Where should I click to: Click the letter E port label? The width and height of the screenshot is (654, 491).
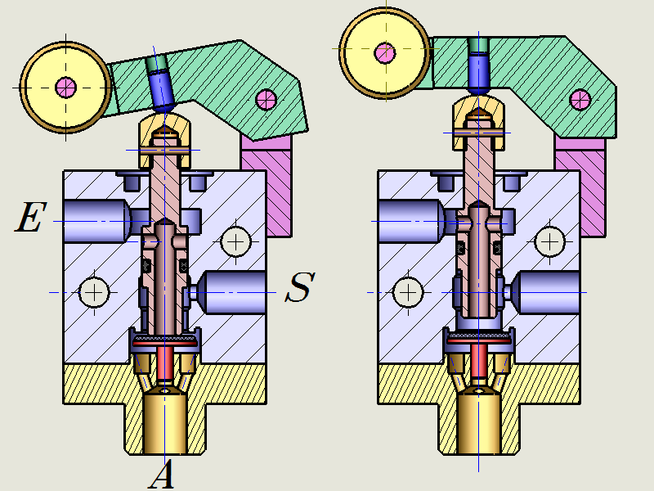click(30, 217)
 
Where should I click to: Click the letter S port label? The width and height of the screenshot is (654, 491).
click(300, 286)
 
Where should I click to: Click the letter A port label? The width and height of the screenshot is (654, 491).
click(162, 475)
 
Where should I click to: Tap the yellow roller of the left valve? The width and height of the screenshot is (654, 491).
click(65, 88)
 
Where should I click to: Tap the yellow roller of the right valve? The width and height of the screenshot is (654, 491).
click(385, 53)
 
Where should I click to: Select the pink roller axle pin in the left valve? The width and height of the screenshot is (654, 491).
click(65, 88)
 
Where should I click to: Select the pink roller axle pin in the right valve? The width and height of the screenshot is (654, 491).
click(385, 53)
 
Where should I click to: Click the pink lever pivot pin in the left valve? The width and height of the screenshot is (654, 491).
click(267, 99)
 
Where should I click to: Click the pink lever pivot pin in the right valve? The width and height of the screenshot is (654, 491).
click(580, 100)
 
